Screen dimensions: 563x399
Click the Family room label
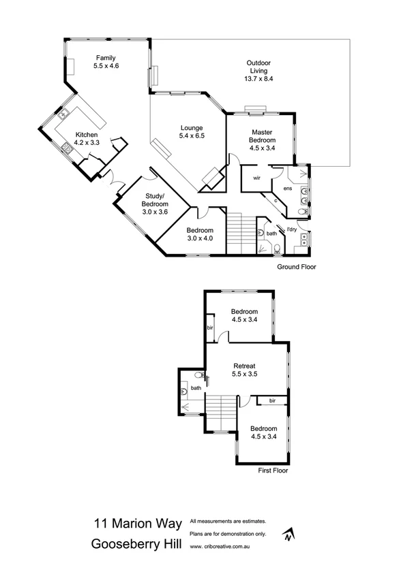tap(106, 62)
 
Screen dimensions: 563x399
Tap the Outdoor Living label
tap(257, 71)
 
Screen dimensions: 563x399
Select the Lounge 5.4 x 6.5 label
tap(192, 132)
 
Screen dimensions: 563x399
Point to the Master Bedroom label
tap(263, 138)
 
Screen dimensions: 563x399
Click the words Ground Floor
tap(297, 267)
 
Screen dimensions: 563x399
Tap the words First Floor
tap(274, 470)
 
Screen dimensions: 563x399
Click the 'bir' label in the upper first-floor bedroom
tap(210, 327)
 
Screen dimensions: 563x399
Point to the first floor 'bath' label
tap(196, 388)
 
